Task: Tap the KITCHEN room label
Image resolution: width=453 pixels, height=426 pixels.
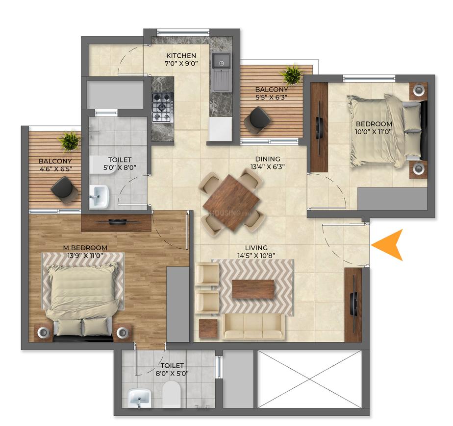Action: (181, 55)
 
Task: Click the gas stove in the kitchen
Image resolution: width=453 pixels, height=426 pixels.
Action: (163, 107)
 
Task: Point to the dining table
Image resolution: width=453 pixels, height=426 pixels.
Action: (231, 202)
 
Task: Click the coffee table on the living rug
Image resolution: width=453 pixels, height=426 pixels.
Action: (253, 289)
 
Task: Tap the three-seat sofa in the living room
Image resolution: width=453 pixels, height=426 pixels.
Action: (253, 327)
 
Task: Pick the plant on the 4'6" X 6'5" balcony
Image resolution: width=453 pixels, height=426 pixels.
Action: (69, 141)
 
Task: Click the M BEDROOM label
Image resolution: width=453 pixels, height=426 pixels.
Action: (85, 248)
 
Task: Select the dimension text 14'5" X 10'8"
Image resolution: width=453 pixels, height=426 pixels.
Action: (256, 256)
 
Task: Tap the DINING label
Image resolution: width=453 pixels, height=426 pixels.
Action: (268, 159)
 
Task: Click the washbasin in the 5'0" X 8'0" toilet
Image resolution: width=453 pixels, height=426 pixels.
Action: (99, 197)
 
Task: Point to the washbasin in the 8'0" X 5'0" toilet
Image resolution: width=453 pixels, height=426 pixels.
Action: (140, 398)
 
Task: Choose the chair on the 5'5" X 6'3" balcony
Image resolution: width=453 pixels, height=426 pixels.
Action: (258, 120)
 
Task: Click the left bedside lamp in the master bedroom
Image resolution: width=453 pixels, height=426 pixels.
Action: (44, 332)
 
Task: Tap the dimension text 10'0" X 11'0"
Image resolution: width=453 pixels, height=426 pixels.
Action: (374, 132)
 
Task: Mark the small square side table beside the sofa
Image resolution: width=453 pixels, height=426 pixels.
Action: (208, 328)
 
